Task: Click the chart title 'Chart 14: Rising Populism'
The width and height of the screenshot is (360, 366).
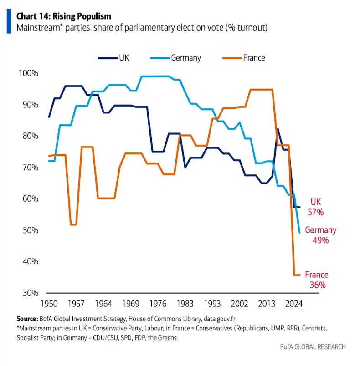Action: [64, 16]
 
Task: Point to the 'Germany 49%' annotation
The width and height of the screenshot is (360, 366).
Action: [320, 235]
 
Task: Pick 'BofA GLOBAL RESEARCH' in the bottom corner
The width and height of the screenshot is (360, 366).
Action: [313, 347]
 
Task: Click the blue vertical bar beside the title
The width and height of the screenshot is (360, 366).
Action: [9, 21]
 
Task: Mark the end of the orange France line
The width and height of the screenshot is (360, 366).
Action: [299, 274]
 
